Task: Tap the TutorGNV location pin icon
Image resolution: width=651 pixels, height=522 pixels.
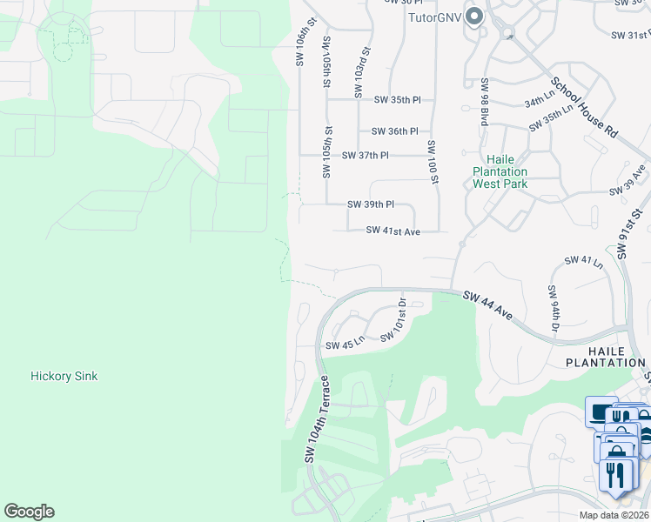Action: point(474,16)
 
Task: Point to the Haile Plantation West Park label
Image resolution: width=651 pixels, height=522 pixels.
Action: point(500,171)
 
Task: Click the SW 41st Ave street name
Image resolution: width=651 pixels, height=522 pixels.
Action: point(393,231)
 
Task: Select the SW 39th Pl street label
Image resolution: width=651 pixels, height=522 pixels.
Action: point(370,204)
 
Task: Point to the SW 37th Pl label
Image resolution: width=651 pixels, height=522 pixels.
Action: point(365,155)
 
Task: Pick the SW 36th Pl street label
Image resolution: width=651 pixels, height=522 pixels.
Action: point(394,131)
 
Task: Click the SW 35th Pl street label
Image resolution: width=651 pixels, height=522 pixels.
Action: point(397,100)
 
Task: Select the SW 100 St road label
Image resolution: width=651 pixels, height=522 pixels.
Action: point(431,161)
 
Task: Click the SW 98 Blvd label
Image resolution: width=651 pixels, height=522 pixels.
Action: point(484,102)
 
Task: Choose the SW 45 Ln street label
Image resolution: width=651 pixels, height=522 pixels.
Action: point(343,345)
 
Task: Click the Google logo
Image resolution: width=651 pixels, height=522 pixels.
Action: point(29,512)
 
